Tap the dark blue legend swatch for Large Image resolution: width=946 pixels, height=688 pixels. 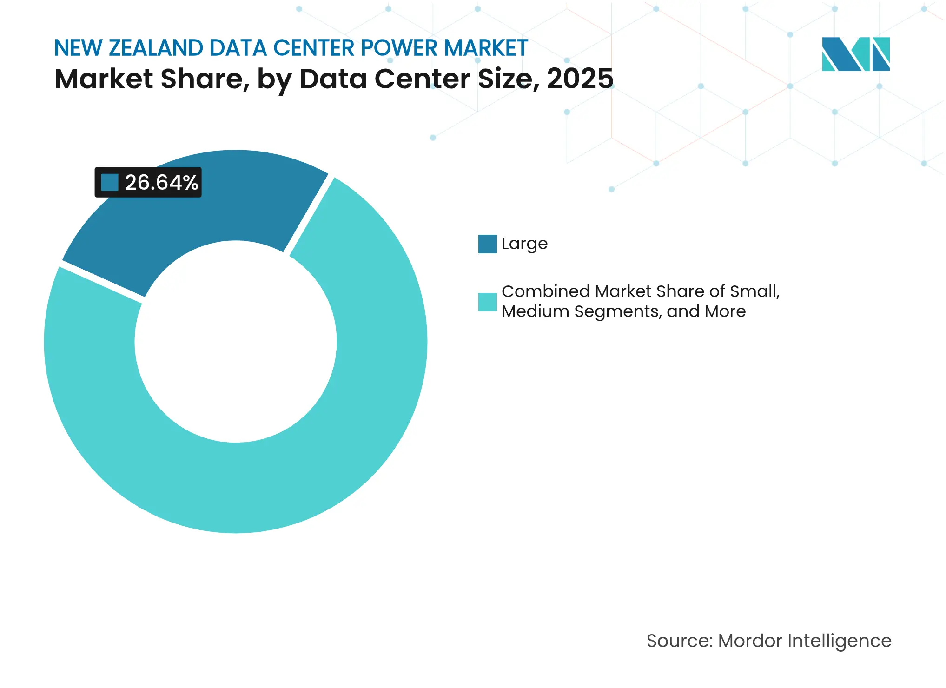(487, 244)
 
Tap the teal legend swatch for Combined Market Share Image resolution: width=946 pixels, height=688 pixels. (487, 302)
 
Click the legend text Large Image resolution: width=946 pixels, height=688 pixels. (524, 244)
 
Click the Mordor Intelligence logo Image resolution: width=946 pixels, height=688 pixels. (855, 54)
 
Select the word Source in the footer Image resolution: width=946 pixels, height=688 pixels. (679, 641)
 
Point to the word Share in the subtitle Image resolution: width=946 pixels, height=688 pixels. (202, 79)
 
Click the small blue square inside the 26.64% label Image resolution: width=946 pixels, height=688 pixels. (110, 183)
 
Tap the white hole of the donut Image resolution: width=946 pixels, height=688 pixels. (236, 342)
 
